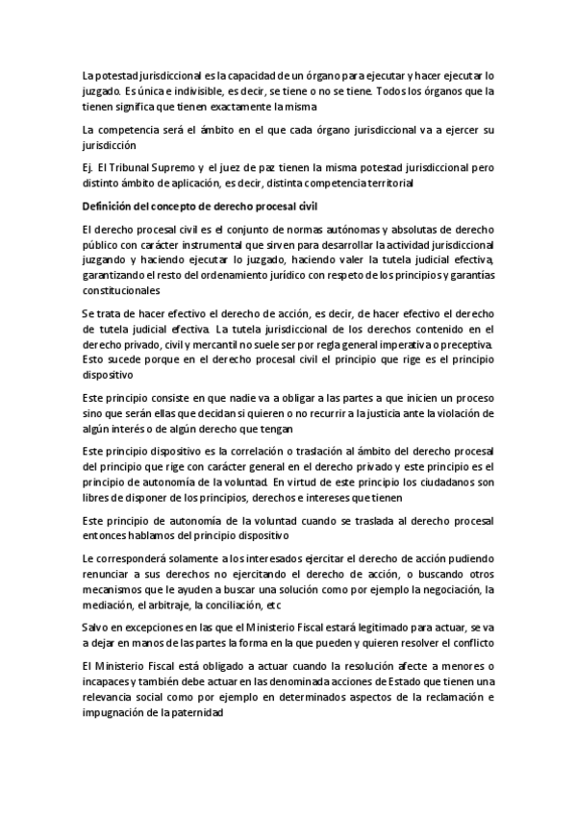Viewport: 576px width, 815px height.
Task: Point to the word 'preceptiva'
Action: [465, 344]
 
